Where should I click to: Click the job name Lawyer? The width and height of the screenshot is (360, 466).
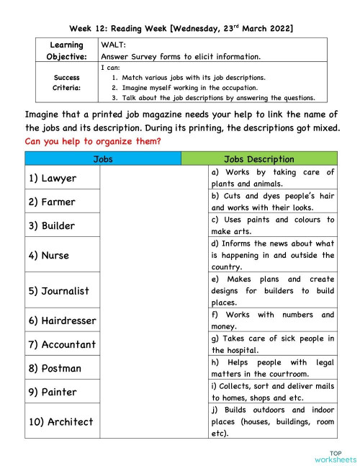point(53,178)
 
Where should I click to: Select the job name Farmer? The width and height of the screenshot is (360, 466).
point(52,202)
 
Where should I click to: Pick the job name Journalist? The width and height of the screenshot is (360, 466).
point(59,291)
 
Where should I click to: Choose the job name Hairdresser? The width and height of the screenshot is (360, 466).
point(62,321)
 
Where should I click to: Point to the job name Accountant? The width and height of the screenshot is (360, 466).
point(62,344)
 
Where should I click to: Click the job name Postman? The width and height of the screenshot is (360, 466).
point(55,368)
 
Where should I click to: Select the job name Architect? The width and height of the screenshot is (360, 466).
point(61,421)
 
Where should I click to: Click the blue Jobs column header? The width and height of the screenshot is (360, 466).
point(103,159)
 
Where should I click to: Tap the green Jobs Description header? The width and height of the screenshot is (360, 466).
point(259,159)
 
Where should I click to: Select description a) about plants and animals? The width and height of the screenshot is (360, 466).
point(272,178)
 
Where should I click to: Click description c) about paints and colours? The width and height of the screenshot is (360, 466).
point(272,225)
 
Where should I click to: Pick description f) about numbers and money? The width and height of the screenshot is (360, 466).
point(272,321)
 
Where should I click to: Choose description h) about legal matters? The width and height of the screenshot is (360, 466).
point(272,368)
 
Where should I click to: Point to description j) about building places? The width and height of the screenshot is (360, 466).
point(272,421)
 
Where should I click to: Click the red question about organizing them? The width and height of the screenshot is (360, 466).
point(93,141)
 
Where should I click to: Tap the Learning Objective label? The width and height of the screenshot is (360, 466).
point(66,50)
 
